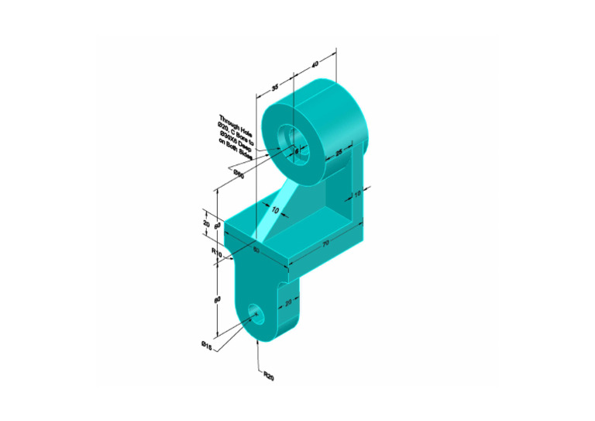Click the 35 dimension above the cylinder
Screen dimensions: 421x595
(274, 88)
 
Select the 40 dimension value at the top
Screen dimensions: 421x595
(315, 64)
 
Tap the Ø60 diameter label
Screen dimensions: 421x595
(239, 174)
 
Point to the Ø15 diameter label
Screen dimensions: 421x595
(207, 346)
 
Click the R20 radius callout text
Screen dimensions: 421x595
(269, 376)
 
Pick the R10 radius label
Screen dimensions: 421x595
(217, 252)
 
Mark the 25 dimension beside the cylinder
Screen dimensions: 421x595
(338, 153)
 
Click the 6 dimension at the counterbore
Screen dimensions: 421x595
(296, 152)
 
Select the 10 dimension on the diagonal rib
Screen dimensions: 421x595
(275, 209)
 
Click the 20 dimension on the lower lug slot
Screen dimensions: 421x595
(288, 303)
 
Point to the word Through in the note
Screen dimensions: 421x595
(230, 118)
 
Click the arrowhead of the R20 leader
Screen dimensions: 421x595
(258, 340)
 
